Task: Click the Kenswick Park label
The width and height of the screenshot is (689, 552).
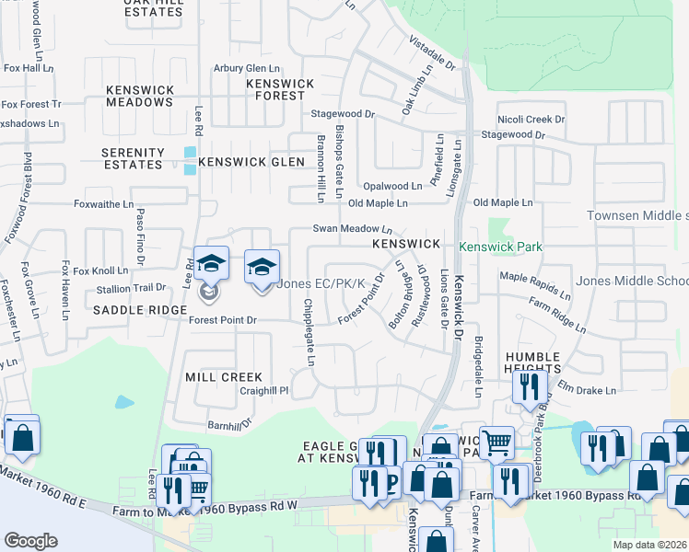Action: [500, 247]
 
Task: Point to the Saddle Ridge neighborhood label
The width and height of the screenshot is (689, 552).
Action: [134, 310]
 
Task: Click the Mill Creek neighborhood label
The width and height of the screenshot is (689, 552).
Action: [224, 377]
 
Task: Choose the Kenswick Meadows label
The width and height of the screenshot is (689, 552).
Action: [139, 96]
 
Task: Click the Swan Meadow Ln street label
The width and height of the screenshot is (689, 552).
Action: [353, 228]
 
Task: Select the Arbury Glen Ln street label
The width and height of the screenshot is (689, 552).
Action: [246, 69]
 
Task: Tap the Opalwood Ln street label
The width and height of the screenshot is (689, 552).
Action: [391, 185]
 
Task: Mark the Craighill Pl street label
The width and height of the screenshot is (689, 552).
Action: [264, 390]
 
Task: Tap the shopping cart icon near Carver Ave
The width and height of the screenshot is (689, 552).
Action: [496, 443]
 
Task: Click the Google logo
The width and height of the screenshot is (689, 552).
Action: [30, 541]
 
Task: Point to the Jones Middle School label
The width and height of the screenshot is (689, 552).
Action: [632, 281]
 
